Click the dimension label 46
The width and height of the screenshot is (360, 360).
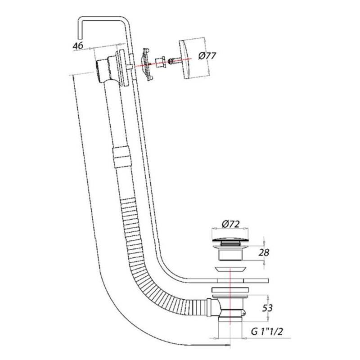(x=78, y=45)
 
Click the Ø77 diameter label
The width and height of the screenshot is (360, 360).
(x=207, y=56)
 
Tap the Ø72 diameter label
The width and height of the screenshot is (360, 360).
(x=230, y=224)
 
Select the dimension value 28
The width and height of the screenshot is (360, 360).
(x=264, y=252)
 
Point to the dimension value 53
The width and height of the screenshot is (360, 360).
(x=267, y=308)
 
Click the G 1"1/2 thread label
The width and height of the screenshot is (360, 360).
(x=267, y=331)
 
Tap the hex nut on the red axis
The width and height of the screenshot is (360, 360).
(x=160, y=63)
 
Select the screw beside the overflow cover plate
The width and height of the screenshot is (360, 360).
(x=174, y=62)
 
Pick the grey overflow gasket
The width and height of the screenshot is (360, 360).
(x=147, y=64)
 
